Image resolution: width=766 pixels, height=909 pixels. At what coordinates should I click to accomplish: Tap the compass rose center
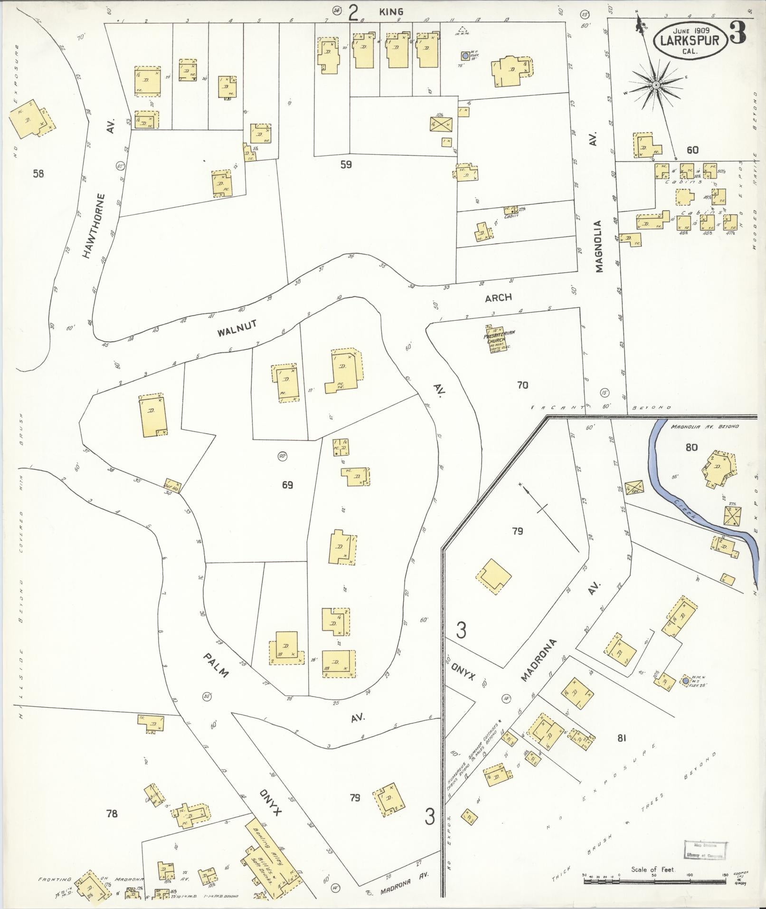point(655,85)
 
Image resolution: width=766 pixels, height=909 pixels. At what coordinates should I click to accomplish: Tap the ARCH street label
point(499,297)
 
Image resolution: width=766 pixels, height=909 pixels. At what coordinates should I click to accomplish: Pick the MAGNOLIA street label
point(598,247)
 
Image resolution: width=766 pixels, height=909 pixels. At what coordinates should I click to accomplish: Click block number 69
point(287,485)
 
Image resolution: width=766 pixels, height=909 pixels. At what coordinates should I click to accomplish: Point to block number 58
point(38,173)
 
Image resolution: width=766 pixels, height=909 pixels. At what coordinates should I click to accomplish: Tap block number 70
point(522,385)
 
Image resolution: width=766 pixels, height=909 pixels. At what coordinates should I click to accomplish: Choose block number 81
point(622,751)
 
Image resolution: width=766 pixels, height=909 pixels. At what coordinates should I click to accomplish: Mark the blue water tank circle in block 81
point(686,681)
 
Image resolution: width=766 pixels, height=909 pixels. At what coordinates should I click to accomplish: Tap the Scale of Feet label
point(653,870)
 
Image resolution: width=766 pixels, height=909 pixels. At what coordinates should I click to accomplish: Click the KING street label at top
point(391,11)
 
